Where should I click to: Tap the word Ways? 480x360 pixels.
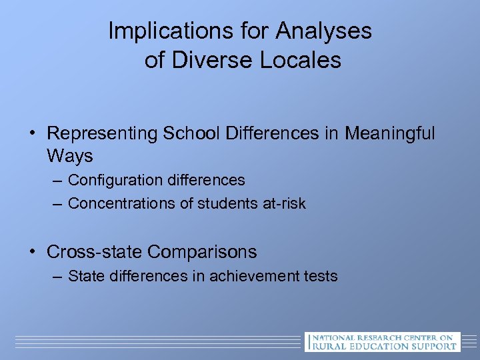click(x=70, y=157)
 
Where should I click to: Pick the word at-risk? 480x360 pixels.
click(x=284, y=204)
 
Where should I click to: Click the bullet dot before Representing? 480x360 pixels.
click(x=32, y=134)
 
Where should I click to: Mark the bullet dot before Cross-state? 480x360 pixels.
click(x=32, y=252)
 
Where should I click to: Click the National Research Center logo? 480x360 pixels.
click(x=382, y=341)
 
